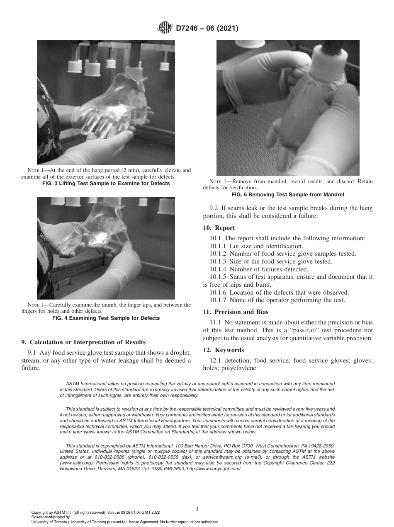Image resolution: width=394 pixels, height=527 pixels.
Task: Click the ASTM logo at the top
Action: point(165,28)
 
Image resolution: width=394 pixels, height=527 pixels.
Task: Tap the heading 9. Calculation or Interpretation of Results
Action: point(83,342)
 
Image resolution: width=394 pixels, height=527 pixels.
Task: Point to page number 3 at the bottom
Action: point(197,509)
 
